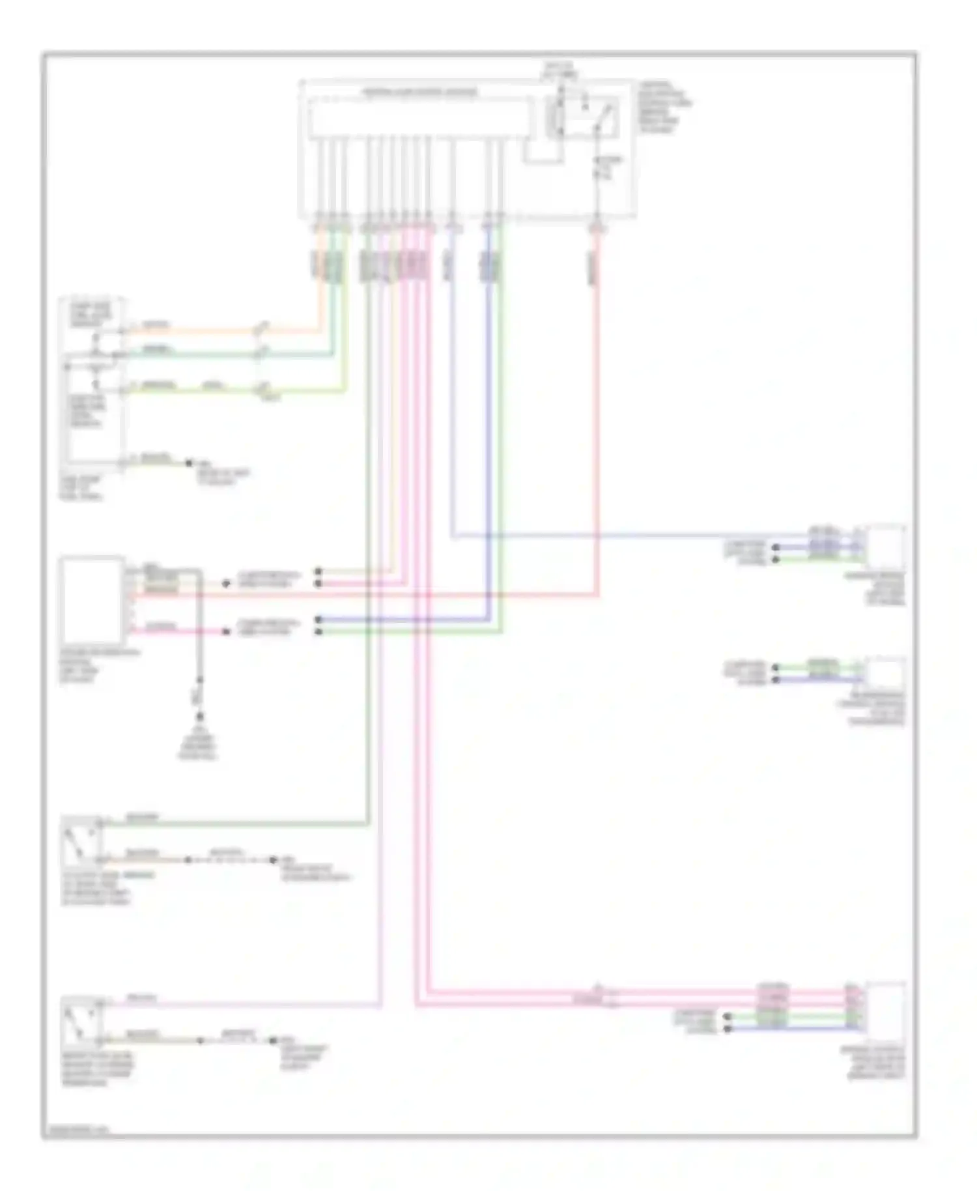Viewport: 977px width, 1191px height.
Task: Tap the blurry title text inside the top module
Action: [x=419, y=93]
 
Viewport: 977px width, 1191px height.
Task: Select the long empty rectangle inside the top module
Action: [x=419, y=118]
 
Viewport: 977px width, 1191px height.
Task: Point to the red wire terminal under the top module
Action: [x=597, y=227]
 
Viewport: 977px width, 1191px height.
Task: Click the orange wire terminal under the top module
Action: [x=319, y=227]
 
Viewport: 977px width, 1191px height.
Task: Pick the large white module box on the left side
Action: [x=91, y=599]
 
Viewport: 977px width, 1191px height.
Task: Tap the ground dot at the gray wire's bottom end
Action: [x=199, y=715]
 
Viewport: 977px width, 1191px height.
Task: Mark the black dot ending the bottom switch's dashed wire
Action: [x=274, y=1041]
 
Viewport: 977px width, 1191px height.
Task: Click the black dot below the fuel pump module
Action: [x=189, y=463]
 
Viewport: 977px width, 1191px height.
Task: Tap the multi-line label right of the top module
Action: [x=664, y=108]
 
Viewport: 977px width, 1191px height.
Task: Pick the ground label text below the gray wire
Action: [x=198, y=743]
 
